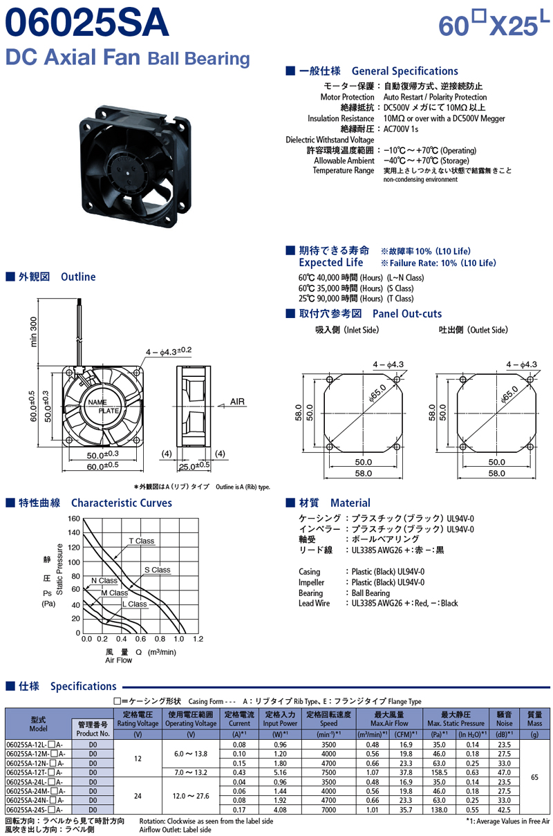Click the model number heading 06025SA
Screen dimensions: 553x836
87,22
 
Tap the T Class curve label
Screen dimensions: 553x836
142,541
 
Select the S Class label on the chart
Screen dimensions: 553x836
157,570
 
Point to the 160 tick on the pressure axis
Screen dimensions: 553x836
74,519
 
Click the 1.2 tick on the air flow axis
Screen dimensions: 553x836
198,639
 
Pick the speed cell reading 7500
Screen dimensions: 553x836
328,772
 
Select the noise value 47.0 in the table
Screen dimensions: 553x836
504,772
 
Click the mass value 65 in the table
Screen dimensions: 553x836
534,777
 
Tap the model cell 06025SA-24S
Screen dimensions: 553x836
35,810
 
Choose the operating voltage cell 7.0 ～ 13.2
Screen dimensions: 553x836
190,772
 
